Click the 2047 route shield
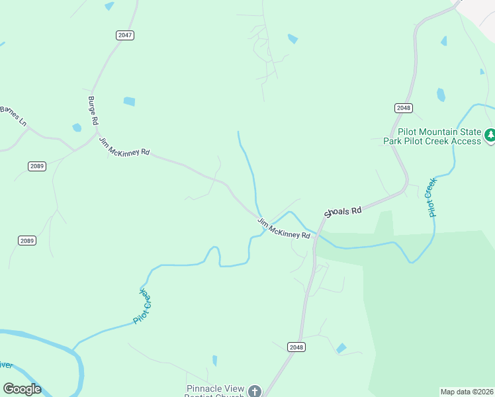click(x=124, y=35)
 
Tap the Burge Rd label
click(x=93, y=110)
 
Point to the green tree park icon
click(x=490, y=136)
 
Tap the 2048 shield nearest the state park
click(x=403, y=108)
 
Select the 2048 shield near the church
click(x=296, y=347)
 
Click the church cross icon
click(x=253, y=391)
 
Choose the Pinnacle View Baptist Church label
click(x=215, y=390)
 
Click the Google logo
click(x=22, y=389)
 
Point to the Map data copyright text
click(x=467, y=392)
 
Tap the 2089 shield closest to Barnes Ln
click(x=37, y=166)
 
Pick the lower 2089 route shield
click(x=27, y=241)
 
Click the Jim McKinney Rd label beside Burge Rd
click(x=124, y=146)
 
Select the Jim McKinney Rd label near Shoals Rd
click(x=284, y=228)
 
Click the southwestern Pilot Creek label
click(x=142, y=305)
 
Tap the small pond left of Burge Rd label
click(x=77, y=127)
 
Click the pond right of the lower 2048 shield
click(x=341, y=348)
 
